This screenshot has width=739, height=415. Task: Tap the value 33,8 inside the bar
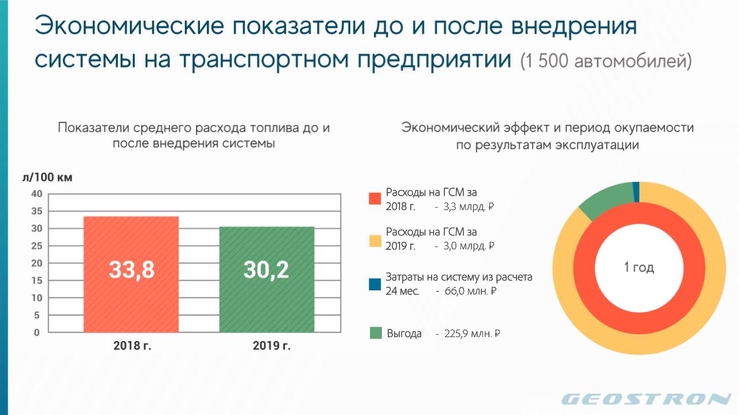[132, 270]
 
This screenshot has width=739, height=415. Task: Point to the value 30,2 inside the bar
[266, 270]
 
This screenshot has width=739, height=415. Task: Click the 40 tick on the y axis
[37, 193]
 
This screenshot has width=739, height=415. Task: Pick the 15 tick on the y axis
[37, 281]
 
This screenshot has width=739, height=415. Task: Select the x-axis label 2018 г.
[132, 346]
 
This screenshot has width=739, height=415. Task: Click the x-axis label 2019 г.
[272, 346]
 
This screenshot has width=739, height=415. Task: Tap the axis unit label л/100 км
[47, 177]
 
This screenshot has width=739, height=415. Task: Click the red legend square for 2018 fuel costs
[375, 199]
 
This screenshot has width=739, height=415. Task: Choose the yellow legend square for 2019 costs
[375, 241]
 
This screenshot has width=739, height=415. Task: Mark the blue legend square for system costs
[375, 284]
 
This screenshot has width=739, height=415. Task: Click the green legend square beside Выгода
[376, 333]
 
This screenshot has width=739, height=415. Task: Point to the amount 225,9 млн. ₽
[472, 334]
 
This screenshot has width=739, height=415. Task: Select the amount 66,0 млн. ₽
[470, 291]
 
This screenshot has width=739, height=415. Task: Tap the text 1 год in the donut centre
[638, 267]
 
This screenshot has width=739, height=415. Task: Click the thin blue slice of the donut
[636, 192]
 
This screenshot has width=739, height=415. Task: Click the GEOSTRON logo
[647, 399]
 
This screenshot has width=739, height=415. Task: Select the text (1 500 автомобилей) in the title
[606, 61]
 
